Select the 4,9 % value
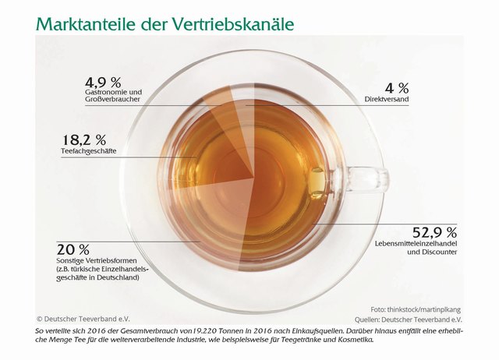(x=104, y=82)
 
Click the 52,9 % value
(x=434, y=232)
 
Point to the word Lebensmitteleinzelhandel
(x=417, y=245)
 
